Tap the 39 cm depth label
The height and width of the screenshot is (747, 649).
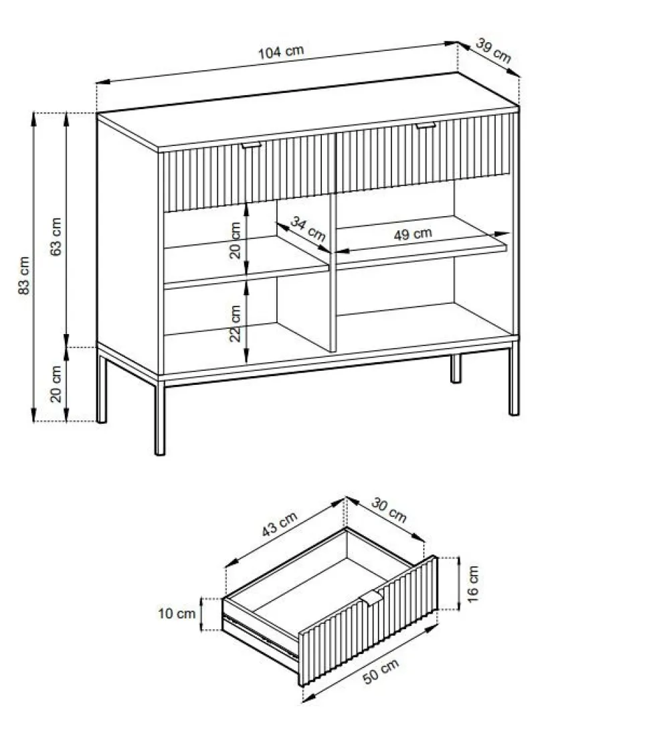(493, 51)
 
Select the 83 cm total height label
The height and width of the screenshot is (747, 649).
(24, 275)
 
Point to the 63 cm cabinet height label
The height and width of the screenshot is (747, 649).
(56, 236)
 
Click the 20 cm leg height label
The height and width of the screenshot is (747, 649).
(56, 384)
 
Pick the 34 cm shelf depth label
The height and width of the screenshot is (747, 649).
(308, 229)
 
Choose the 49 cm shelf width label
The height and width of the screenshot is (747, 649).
(413, 234)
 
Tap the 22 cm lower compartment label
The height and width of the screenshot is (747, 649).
(236, 323)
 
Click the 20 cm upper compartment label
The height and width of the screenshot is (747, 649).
(236, 240)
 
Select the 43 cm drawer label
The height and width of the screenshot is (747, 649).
(280, 523)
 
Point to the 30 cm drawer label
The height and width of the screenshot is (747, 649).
(389, 510)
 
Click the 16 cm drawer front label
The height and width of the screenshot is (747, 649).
(472, 584)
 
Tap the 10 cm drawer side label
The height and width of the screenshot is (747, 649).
(177, 613)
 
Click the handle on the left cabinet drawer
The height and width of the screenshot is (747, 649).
(251, 145)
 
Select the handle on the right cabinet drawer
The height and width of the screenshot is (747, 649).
(426, 126)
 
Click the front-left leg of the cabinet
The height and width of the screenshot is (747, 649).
(160, 417)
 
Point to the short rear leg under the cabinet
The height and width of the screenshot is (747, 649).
(456, 368)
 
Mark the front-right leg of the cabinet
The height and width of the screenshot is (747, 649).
(514, 378)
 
